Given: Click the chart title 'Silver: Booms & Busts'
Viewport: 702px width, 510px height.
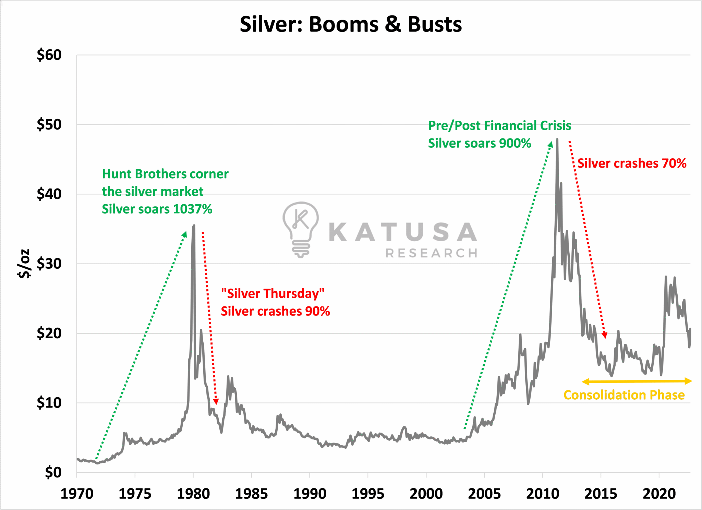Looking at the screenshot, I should (x=351, y=25).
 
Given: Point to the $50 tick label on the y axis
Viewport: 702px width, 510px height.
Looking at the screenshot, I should (x=49, y=124).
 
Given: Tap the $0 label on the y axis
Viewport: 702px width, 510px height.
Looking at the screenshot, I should (x=53, y=472).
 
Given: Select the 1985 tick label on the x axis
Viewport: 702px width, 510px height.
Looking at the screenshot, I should (x=251, y=494).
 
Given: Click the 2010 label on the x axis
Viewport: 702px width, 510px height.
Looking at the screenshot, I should (x=542, y=494).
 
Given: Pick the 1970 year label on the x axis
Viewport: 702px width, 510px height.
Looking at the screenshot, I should (x=77, y=494).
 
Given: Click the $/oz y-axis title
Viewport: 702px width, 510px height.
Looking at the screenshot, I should (x=24, y=264).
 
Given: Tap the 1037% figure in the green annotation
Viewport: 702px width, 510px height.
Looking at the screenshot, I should (x=193, y=209).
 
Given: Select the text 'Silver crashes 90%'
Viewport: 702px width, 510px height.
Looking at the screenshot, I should (x=275, y=311).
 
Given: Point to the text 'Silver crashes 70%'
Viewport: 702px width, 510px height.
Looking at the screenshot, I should (x=632, y=163).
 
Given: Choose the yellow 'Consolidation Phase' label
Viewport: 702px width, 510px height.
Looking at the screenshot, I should (x=624, y=395).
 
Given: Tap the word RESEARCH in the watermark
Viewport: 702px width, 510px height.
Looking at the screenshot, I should (x=431, y=253).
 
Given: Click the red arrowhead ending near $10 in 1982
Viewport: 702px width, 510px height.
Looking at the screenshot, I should (x=216, y=402).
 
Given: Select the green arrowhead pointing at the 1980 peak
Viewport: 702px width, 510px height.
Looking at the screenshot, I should (x=185, y=234).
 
